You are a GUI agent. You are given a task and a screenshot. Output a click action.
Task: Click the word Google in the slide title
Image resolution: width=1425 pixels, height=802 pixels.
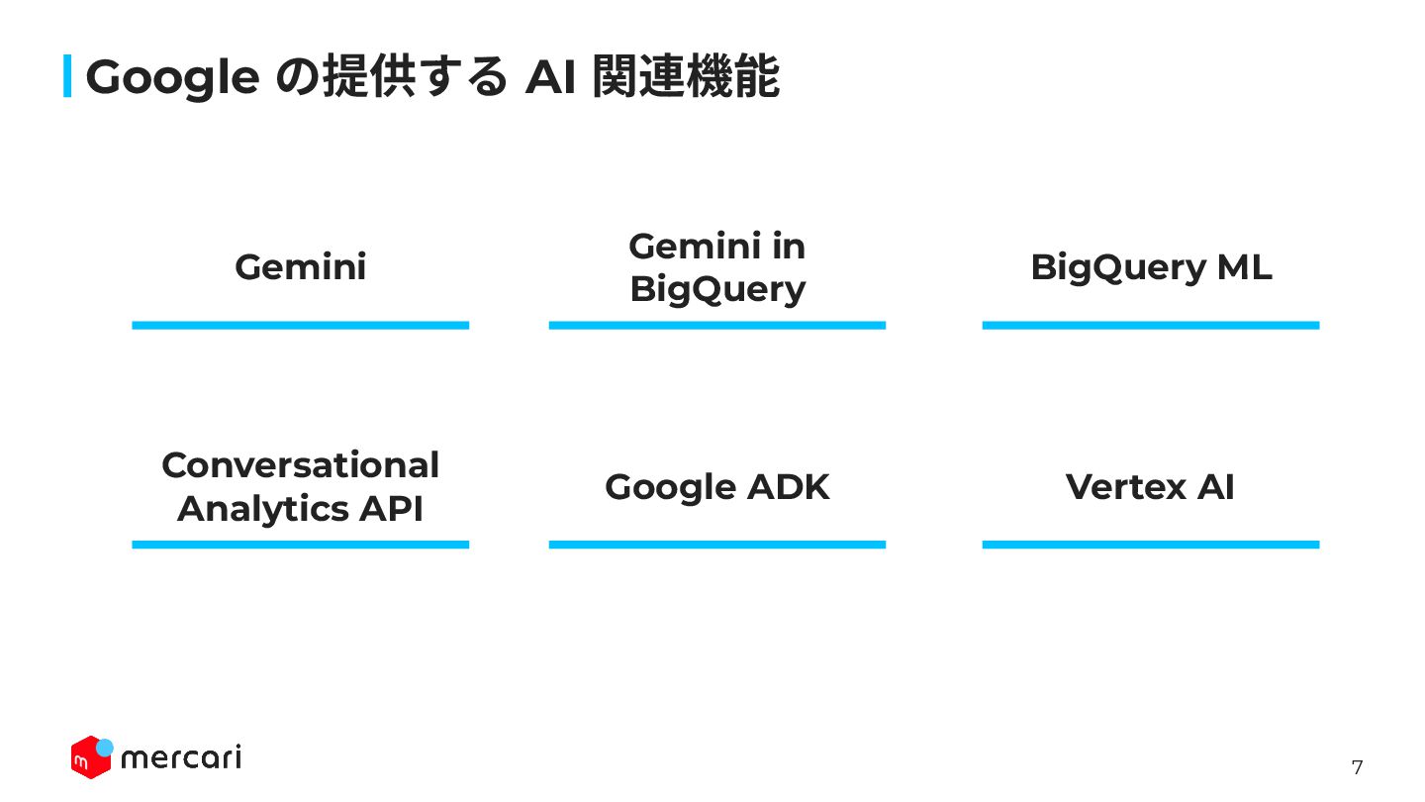[172, 78]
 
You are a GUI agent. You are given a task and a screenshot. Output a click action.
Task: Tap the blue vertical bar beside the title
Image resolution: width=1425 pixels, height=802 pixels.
[67, 76]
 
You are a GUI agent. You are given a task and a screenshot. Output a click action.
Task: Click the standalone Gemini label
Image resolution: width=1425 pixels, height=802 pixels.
[300, 267]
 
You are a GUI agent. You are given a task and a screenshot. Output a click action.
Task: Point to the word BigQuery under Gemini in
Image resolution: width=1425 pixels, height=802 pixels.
[717, 290]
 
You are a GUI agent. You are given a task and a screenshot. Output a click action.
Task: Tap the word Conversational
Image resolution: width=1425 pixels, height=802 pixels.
[300, 465]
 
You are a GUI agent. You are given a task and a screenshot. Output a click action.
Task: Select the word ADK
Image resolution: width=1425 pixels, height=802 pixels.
[788, 487]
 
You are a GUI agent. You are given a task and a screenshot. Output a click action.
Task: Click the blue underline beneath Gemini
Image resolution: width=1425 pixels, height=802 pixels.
[300, 325]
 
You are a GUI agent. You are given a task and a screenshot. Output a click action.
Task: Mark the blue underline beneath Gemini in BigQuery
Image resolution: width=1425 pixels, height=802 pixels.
[717, 325]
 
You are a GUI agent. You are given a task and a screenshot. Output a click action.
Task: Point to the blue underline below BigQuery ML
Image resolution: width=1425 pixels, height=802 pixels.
[1150, 325]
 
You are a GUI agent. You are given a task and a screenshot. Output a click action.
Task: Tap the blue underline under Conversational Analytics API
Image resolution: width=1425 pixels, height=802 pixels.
[300, 545]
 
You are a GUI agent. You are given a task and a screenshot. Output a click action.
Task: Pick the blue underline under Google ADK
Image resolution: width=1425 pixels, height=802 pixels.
[717, 545]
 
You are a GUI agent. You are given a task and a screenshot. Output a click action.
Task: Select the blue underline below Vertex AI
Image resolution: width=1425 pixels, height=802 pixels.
[1150, 545]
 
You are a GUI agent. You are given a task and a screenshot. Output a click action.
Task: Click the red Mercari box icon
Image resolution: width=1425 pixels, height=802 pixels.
[89, 758]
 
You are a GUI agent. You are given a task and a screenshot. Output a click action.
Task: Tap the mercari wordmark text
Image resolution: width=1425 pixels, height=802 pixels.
[180, 758]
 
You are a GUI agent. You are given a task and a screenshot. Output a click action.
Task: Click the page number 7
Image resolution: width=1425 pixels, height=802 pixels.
[1357, 767]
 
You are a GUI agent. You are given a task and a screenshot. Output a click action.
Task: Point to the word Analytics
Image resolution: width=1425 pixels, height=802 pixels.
[263, 509]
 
